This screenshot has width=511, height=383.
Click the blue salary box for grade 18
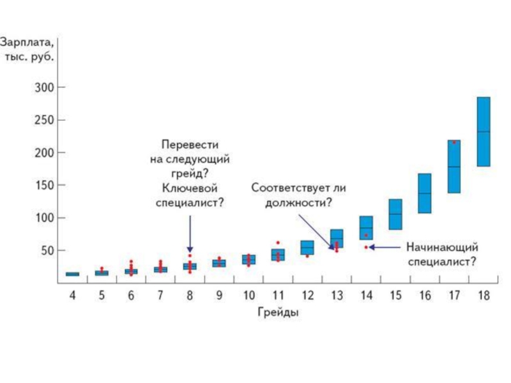484,131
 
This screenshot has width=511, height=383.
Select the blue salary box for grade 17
454,167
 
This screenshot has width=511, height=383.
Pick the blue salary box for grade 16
424,193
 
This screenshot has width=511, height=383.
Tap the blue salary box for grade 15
395,214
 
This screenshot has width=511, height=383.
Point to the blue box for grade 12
307,247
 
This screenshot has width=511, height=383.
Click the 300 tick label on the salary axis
46,87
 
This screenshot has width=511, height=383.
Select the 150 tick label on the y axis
46,185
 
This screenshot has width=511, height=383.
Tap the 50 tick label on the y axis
49,251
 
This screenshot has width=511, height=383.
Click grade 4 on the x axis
72,296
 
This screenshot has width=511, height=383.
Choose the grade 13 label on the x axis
336,296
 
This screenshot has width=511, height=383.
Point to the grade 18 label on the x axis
484,296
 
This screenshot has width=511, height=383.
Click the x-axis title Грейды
278,313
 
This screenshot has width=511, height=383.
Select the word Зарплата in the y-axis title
27,43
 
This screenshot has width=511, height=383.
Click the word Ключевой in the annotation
190,189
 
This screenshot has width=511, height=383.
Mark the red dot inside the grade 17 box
454,142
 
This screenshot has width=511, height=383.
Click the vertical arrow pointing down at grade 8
190,233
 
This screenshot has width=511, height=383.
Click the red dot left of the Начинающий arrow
366,247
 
